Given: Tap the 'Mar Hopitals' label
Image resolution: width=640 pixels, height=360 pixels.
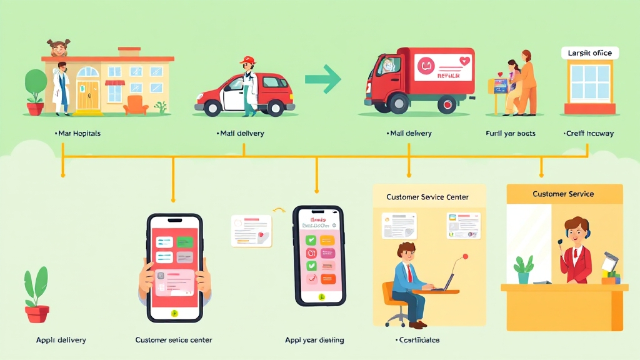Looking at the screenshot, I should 78,134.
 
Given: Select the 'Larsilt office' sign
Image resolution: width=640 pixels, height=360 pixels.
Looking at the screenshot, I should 589,54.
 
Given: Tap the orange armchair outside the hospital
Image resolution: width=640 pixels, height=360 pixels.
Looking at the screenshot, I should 136,104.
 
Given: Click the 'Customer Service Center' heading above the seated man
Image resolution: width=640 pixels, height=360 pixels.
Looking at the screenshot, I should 427,197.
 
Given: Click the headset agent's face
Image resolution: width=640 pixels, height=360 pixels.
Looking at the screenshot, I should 575,231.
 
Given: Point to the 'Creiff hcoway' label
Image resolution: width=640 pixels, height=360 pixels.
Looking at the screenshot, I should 589,134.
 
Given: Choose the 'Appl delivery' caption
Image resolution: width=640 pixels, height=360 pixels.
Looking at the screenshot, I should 61,341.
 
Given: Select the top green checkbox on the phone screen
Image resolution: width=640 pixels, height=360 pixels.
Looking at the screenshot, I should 311,240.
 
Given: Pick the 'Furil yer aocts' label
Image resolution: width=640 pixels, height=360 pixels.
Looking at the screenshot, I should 510,134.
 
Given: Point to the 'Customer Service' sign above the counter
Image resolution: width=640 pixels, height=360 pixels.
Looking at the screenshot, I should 563,194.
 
